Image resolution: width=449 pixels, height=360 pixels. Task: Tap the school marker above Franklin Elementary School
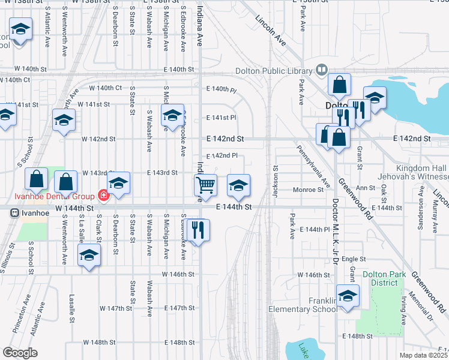pos(347,296)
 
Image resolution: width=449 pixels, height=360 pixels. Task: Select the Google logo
pos(20,353)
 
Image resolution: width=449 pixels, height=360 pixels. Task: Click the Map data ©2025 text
pos(423,355)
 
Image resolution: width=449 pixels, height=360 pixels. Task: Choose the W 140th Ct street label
pos(106,88)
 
